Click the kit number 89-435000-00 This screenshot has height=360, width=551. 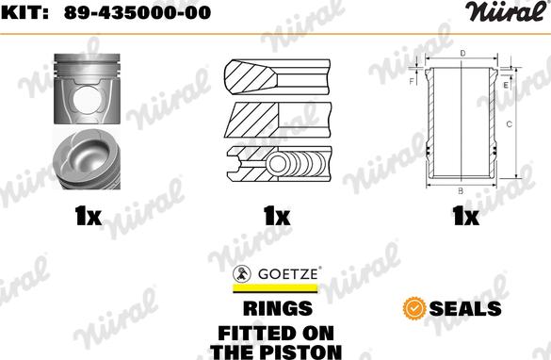pos(137,12)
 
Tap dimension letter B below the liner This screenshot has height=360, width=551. pos(460,191)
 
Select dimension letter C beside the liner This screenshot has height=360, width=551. pos(509,123)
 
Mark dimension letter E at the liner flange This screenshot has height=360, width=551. pos(505,86)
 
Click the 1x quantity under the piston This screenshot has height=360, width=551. pos(87,218)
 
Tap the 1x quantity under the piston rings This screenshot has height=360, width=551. pos(276,218)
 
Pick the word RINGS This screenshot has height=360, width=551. pos(278,307)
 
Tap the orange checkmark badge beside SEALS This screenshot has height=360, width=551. pos(412,307)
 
